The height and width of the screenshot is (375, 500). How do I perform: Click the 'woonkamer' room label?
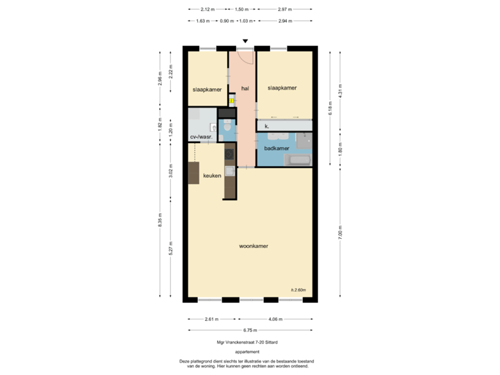pos(253,246)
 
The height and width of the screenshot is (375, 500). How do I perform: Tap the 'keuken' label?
pos(212,176)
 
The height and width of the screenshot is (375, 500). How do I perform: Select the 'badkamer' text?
pos(276,149)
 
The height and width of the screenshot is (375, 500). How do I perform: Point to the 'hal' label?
pos(244,87)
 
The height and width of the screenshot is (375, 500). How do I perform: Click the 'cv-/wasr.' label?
pos(201,137)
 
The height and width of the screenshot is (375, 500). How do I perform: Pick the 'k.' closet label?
pos(267,126)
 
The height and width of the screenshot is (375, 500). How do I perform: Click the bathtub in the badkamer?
pos(299,160)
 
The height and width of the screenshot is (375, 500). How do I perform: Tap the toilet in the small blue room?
pos(226,127)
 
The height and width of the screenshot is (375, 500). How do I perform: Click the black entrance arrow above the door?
pos(244,41)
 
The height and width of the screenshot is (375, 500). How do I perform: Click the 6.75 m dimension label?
pos(248,330)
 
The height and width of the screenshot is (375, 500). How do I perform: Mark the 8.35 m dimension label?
pos(160,219)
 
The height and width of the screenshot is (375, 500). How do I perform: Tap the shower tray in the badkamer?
pos(305,139)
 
